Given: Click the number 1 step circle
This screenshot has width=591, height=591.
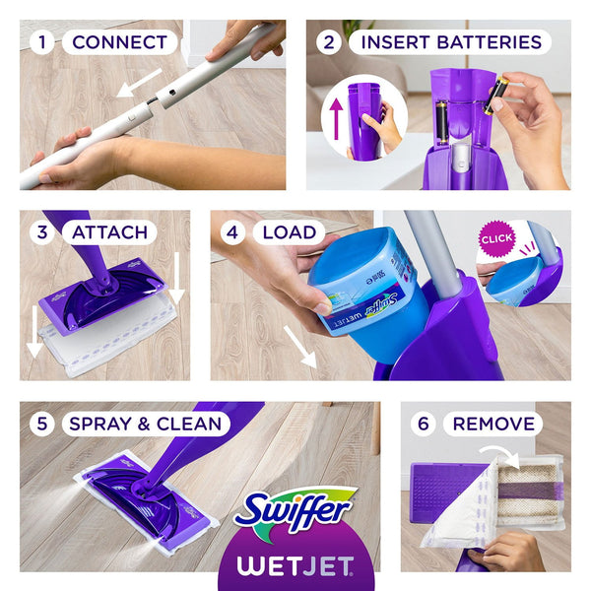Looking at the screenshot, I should pyautogui.click(x=41, y=42).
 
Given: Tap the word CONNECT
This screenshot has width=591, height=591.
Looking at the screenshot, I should pyautogui.click(x=119, y=42).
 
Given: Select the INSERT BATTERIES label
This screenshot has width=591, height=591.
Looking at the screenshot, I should pyautogui.click(x=451, y=42).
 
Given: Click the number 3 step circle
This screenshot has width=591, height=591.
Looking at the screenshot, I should pyautogui.click(x=41, y=232).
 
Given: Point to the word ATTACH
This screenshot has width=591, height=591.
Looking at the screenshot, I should pyautogui.click(x=108, y=232).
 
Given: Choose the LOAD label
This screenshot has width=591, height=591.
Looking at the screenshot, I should pyautogui.click(x=289, y=232).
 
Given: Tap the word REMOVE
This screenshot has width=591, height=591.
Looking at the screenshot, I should pyautogui.click(x=494, y=424).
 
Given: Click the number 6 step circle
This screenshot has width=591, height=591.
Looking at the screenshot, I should pyautogui.click(x=423, y=424).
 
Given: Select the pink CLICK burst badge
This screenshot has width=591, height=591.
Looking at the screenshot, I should pyautogui.click(x=496, y=238).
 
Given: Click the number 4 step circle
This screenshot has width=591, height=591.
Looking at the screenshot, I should pyautogui.click(x=231, y=232).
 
